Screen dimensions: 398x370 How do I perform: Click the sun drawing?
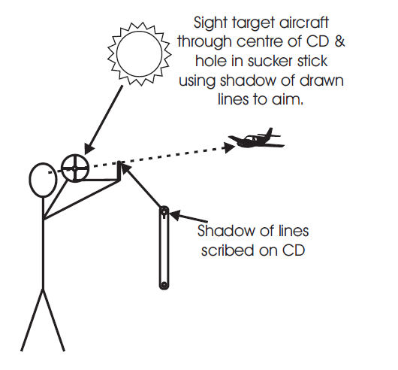point(140,54)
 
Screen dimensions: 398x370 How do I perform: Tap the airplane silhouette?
point(256,139)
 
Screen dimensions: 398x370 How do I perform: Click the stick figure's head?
point(43,180)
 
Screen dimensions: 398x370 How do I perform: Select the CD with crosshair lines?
point(75,168)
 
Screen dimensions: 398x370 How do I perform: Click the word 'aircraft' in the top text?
point(304,23)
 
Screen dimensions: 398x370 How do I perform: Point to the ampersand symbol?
point(339,41)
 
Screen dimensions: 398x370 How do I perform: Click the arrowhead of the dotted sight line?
point(230,147)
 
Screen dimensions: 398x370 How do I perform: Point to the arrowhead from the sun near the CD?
point(88,149)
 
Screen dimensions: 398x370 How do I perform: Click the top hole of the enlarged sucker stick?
point(164,211)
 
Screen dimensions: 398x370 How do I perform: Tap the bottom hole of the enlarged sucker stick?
point(164,285)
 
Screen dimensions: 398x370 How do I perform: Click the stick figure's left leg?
point(32,320)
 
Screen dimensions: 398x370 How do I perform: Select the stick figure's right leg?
point(53,320)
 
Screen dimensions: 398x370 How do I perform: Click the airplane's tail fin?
point(270,132)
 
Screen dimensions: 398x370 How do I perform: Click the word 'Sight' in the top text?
point(210,23)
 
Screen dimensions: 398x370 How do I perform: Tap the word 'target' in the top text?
point(253,23)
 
